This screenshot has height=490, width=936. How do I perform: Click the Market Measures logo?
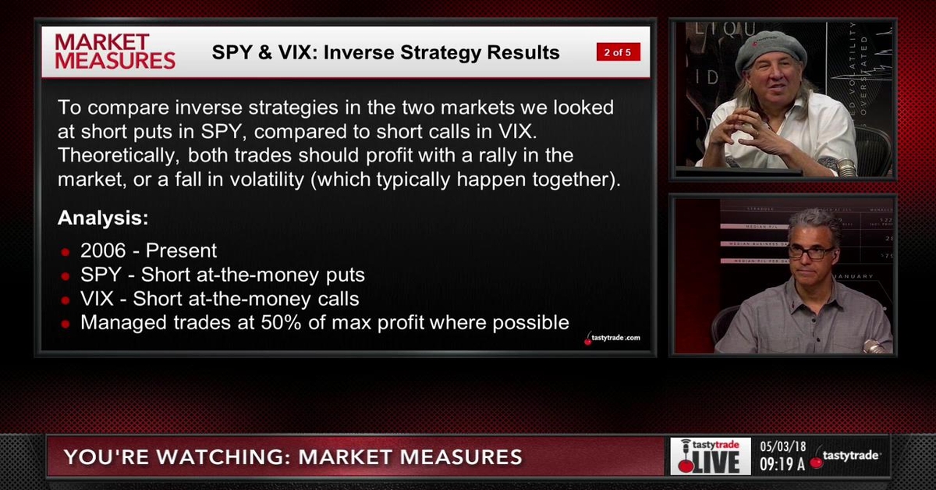coord(115,51)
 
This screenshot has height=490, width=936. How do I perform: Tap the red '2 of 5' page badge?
coord(619,53)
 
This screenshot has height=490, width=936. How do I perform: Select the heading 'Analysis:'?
coord(103,218)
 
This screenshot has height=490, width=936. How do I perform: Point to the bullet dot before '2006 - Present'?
coord(66,253)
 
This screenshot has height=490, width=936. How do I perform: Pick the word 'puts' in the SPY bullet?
coord(347,275)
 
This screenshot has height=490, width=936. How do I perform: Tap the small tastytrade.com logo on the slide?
coord(612,338)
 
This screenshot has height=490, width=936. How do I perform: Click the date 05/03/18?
coord(782,447)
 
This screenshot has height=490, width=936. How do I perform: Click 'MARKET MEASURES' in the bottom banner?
coord(409,456)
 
